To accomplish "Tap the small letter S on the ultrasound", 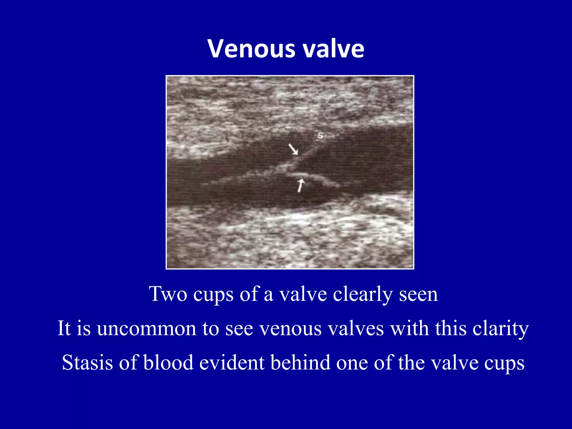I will [x=320, y=136].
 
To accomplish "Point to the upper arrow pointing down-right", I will [x=293, y=149].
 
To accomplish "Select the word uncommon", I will [x=147, y=328].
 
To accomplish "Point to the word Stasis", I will [x=87, y=363].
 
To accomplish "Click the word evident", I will [x=232, y=363].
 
